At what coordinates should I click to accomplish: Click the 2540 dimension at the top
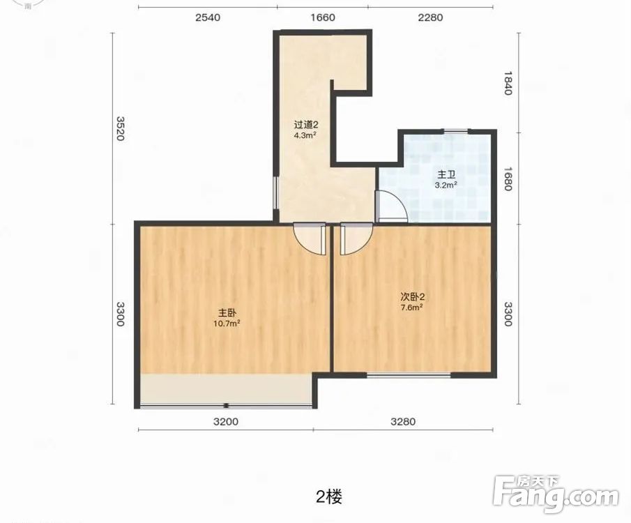(x=208, y=17)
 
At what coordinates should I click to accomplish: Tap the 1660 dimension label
(x=323, y=17)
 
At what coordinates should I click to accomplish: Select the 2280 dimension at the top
(x=430, y=17)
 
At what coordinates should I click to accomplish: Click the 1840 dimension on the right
(x=508, y=83)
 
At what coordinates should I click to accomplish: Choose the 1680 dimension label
(x=508, y=179)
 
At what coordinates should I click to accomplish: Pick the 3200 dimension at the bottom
(x=226, y=422)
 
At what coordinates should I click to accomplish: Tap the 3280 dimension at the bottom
(x=403, y=422)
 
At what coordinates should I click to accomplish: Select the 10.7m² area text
(x=227, y=323)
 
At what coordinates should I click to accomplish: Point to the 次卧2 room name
(x=413, y=297)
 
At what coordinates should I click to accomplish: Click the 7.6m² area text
(x=411, y=308)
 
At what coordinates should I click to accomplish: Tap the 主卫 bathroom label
(x=446, y=175)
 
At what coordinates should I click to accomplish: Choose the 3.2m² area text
(x=446, y=185)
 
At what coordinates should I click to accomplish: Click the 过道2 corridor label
(x=306, y=125)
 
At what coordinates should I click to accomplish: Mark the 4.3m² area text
(x=305, y=135)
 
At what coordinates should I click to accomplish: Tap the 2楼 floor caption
(x=329, y=497)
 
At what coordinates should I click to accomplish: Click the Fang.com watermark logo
(x=556, y=494)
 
